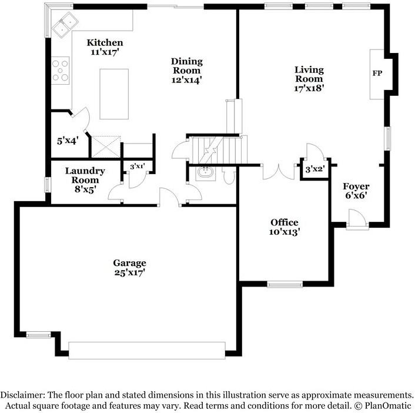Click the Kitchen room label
point(105,42)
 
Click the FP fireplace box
point(376,74)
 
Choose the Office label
point(284,222)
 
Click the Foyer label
point(356,186)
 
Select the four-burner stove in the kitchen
point(61,69)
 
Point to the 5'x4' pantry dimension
point(67,141)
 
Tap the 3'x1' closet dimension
point(137,166)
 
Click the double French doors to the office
point(279,172)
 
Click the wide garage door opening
point(146,349)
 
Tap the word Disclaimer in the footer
point(21,395)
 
